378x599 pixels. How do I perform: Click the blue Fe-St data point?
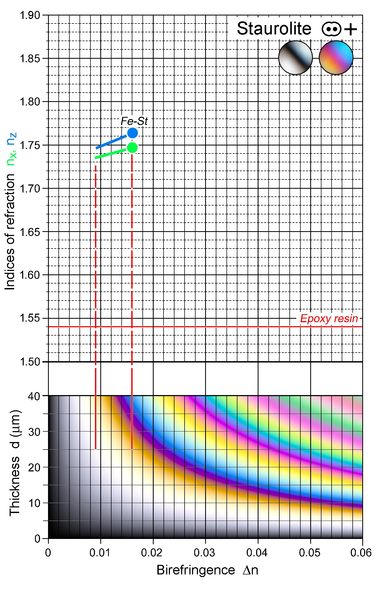pos(132,133)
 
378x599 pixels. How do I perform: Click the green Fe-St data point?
pos(132,148)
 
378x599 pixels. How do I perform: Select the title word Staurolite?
pos(274,29)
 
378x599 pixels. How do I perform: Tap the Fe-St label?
pos(134,121)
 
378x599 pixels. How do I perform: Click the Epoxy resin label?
pos(329,318)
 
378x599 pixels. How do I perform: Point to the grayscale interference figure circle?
pos(295,58)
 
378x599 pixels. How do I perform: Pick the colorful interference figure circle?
pos(336,58)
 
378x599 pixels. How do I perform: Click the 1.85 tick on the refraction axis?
pos(30,58)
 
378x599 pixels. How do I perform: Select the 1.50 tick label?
pos(30,362)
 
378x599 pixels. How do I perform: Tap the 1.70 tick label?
pos(30,189)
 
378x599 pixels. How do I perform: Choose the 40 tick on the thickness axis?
pos(34,396)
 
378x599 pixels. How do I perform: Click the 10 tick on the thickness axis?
pos(34,503)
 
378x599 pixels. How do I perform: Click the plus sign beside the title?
pos(351,29)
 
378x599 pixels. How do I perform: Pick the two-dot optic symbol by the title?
pos(331,29)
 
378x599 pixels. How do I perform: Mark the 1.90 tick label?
pos(30,15)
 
